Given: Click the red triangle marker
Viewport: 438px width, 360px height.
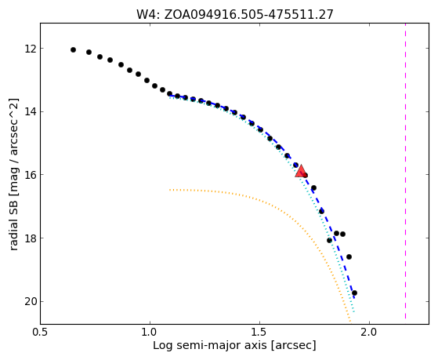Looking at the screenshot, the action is [x=301, y=172].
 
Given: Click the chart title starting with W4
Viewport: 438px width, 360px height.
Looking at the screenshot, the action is [x=234, y=14].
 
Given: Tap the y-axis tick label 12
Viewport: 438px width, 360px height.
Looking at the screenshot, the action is [x=31, y=49].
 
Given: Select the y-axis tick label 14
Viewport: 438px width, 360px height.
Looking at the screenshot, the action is [x=31, y=112].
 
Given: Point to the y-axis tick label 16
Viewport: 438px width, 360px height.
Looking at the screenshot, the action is [x=31, y=175].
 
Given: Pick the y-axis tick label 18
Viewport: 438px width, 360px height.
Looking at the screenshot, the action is [x=31, y=238].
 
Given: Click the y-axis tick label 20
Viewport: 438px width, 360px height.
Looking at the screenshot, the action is [x=31, y=302].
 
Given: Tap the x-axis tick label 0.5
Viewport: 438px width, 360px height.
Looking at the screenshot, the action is [x=41, y=333].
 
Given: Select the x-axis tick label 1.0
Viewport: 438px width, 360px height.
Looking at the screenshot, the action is [x=150, y=333].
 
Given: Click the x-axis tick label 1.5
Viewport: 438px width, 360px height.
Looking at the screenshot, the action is [x=260, y=333].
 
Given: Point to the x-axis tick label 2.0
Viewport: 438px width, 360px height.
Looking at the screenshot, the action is [x=369, y=333].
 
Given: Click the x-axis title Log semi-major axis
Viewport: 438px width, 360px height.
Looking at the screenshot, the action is [x=234, y=346].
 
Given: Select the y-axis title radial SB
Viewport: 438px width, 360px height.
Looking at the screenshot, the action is [x=13, y=174].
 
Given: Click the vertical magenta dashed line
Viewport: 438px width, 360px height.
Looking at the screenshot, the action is [x=405, y=171].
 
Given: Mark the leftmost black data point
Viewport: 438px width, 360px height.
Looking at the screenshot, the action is [x=73, y=49].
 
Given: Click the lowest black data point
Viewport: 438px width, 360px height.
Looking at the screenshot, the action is [x=354, y=293].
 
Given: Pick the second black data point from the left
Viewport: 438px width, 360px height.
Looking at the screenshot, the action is [x=89, y=52].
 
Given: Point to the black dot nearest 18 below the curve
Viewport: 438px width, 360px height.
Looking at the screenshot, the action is [x=330, y=240].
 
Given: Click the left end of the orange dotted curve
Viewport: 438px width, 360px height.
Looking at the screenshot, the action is [x=169, y=190].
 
